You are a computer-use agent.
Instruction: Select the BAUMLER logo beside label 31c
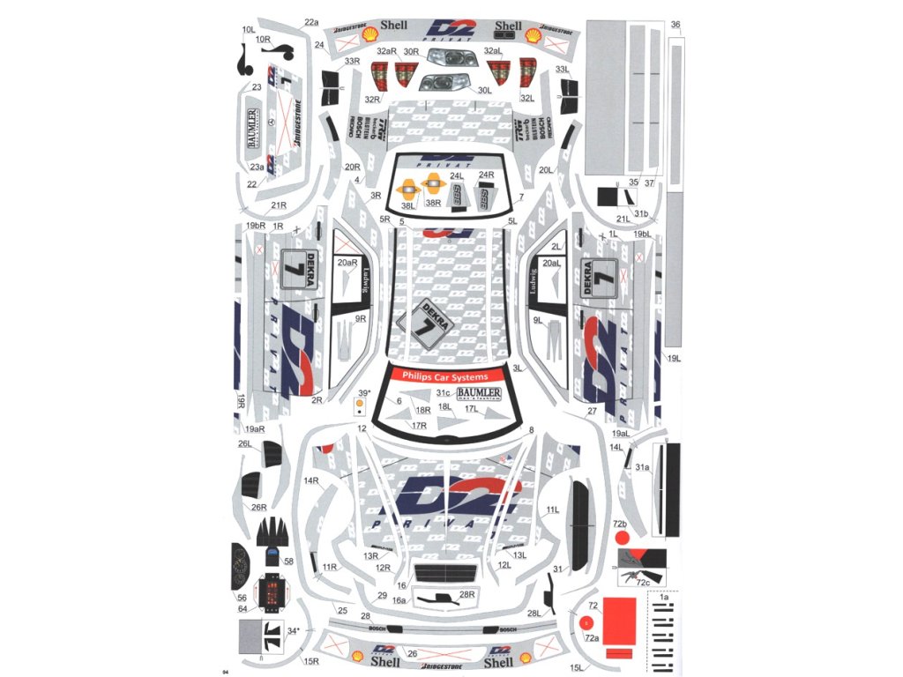click(479, 393)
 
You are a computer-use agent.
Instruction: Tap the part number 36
click(675, 25)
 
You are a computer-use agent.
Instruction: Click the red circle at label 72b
click(623, 537)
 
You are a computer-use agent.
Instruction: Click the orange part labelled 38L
click(408, 187)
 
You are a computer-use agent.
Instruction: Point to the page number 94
click(227, 672)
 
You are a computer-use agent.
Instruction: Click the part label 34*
click(294, 630)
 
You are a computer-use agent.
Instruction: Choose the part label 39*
click(363, 393)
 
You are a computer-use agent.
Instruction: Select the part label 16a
click(399, 600)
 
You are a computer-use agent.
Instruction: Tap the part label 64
click(243, 608)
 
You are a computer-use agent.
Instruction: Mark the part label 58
click(288, 561)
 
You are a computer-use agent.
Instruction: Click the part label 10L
click(248, 29)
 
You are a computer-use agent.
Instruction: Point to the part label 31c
click(443, 392)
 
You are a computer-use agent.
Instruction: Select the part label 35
click(633, 182)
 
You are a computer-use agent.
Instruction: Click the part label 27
click(592, 412)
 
